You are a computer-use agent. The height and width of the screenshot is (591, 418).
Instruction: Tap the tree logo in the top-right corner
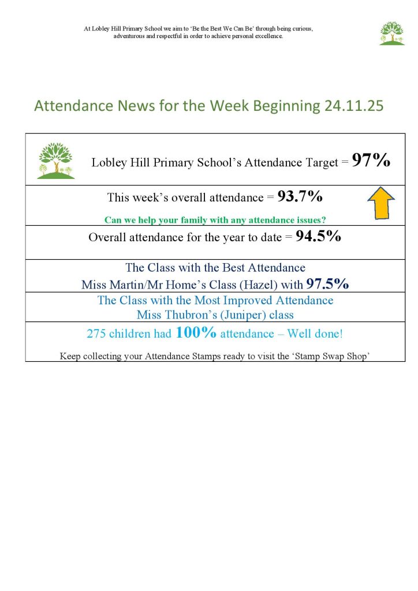[391, 33]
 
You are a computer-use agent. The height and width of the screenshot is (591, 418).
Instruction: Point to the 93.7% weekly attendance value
[300, 197]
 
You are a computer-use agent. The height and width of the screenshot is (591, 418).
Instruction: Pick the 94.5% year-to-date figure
[318, 237]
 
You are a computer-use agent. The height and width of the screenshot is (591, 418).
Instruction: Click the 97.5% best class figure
[327, 284]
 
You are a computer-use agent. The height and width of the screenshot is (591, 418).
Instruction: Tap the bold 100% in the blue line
[196, 332]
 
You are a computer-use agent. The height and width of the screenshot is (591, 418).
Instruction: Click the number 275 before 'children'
[96, 334]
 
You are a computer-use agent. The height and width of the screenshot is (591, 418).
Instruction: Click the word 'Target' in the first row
[317, 163]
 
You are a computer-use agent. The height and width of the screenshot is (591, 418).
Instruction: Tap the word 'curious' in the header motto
[301, 28]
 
